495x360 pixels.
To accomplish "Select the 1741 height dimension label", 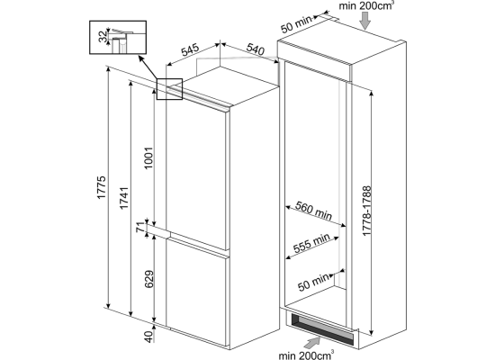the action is pos(124,198).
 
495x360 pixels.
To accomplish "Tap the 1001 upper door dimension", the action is pos(148,157).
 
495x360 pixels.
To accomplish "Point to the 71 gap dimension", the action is pos(140,228).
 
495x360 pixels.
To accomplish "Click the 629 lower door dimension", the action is pos(149,279).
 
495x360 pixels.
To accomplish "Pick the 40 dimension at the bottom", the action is pos(149,336).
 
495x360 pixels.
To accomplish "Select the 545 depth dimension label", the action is pos(191,49).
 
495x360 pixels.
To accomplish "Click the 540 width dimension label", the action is pos(255,49).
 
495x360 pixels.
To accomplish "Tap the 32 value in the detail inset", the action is pos(103,37).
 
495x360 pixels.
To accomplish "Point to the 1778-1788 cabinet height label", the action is pos(367,211).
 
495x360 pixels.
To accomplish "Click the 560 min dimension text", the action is pos(313,211).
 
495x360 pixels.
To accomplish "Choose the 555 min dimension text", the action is pos(312,243).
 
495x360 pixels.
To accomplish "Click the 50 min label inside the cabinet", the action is pos(314,282).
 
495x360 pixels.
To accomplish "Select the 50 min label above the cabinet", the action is pos(297,24).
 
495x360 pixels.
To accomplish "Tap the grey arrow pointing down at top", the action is pos(366,22).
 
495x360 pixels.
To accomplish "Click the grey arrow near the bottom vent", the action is pos(312,342).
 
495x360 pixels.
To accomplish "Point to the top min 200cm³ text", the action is pos(366,5).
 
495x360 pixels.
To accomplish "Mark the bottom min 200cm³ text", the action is pos(306,355).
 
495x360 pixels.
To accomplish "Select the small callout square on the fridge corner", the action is pos(169,89).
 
